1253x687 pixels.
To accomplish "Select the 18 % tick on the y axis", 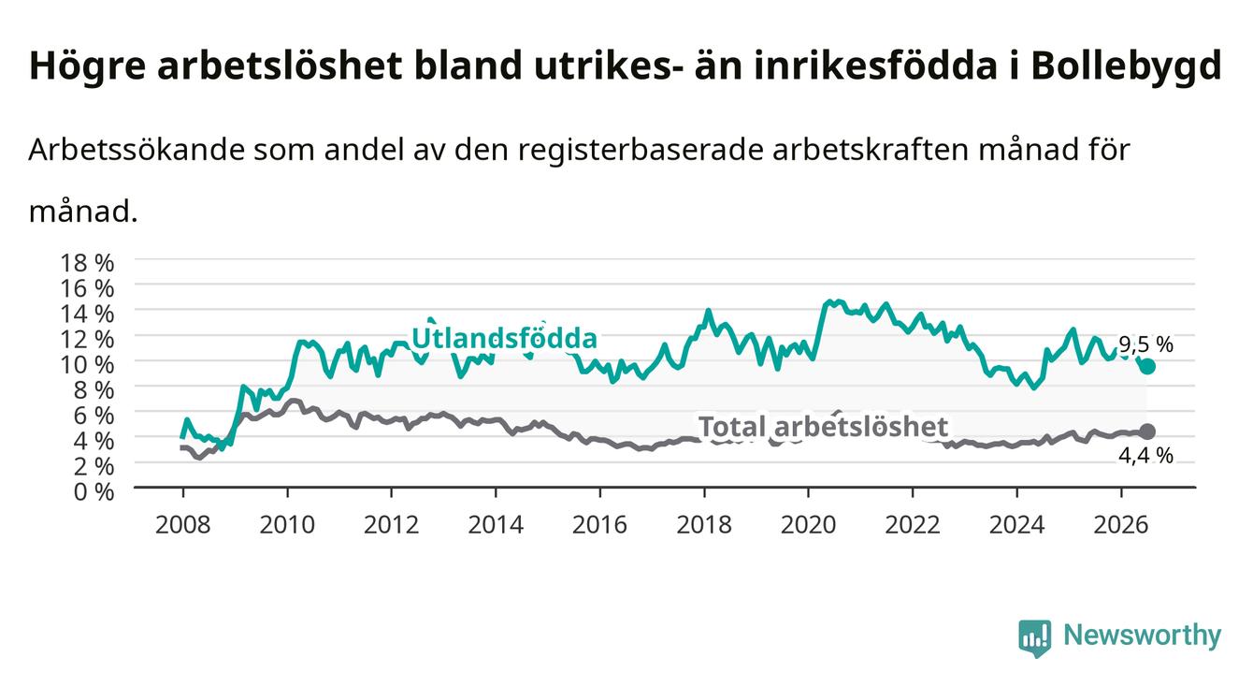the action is [x=87, y=263].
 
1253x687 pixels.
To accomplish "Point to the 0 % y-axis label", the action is [x=94, y=491].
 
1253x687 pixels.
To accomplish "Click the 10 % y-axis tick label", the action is [x=87, y=364].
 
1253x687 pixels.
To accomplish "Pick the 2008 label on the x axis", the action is [x=183, y=525].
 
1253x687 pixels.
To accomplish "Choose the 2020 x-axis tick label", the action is [x=808, y=525].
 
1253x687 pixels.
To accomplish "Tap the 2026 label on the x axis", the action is [x=1121, y=525].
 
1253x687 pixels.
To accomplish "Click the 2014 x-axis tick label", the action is [x=496, y=525].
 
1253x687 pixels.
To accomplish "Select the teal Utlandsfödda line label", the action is [x=505, y=338].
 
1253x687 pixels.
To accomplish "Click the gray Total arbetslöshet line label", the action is [x=824, y=427].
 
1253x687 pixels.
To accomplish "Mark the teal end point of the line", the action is [x=1147, y=367].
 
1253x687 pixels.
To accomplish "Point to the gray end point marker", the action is [x=1147, y=431].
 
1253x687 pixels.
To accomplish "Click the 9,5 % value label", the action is [x=1145, y=344].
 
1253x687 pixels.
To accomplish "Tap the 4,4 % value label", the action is [x=1145, y=456].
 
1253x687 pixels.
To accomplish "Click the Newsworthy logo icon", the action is [x=1035, y=638].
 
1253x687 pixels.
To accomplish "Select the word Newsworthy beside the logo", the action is [x=1143, y=636].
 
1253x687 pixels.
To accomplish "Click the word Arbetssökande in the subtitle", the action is [x=137, y=150].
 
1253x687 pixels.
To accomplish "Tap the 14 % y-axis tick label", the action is [x=87, y=314].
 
